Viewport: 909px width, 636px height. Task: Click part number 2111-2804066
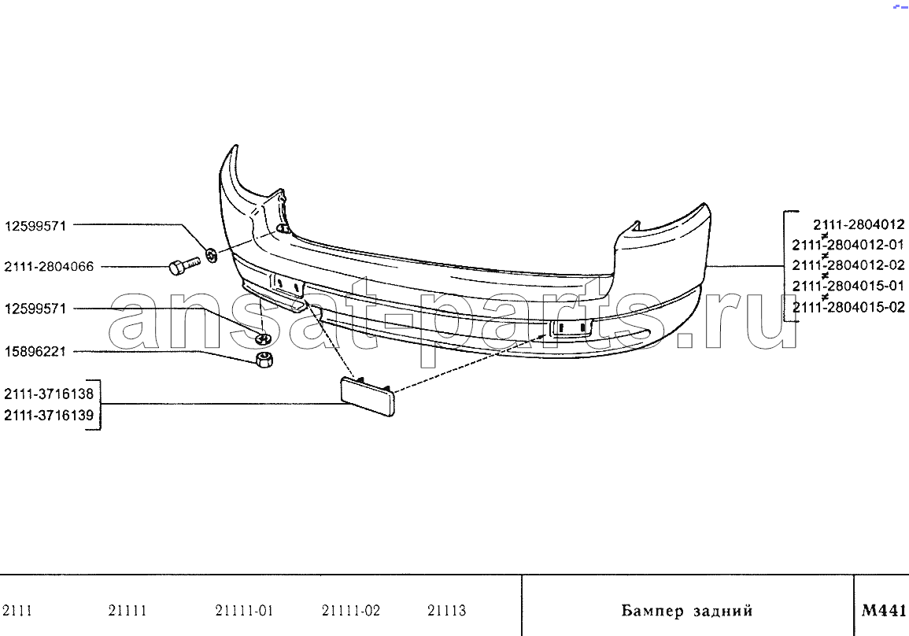(49, 268)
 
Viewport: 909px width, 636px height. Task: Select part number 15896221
(35, 351)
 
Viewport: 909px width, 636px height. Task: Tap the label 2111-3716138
(49, 394)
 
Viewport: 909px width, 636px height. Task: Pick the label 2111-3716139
(49, 415)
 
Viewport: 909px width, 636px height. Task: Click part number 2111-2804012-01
(848, 245)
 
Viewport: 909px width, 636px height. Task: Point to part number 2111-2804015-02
(848, 307)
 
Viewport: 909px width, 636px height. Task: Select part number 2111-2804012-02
(848, 265)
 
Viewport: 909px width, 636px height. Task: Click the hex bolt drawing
(184, 267)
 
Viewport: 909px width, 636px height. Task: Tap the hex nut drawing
(264, 359)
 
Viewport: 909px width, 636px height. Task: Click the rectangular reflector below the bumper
(368, 395)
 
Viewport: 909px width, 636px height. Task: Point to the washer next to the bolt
(212, 254)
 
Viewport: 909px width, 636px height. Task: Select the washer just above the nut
(264, 338)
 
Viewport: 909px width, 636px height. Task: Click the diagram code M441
(884, 610)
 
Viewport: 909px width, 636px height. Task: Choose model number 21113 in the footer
(446, 611)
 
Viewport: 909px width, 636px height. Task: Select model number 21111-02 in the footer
(351, 611)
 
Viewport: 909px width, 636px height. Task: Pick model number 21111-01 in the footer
(243, 611)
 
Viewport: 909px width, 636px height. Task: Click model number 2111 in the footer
(17, 611)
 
